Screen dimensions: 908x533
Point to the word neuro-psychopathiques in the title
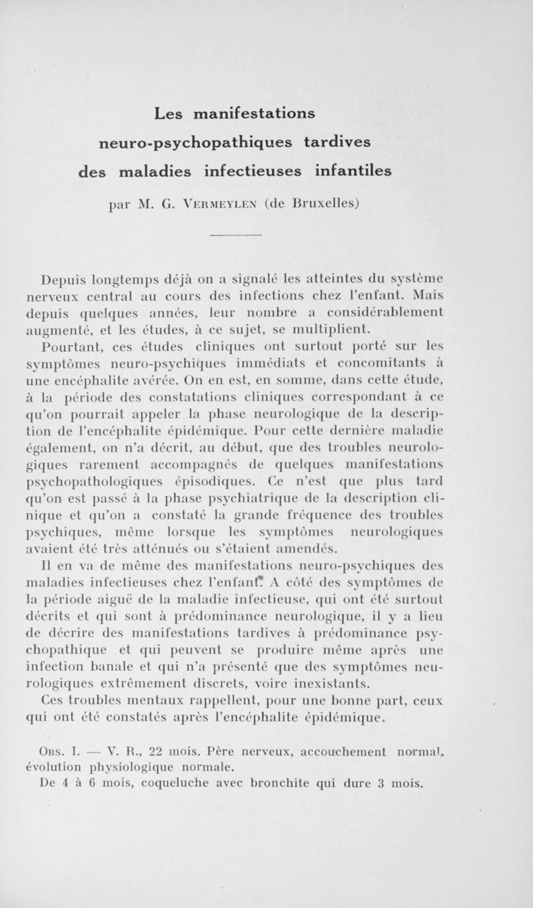199,142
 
